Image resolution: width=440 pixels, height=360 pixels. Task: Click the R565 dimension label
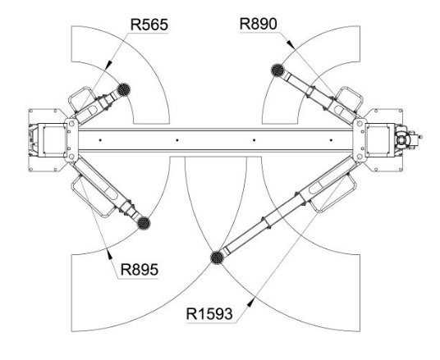click(x=149, y=25)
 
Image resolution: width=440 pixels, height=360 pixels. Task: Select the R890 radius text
click(x=258, y=24)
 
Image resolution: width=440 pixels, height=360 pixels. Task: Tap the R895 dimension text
click(x=140, y=270)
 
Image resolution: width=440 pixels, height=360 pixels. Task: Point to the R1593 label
click(x=209, y=314)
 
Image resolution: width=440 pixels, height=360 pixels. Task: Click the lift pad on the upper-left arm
click(x=123, y=89)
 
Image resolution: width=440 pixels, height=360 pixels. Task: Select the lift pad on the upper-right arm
click(x=277, y=70)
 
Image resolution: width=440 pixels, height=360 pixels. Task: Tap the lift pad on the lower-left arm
click(x=144, y=223)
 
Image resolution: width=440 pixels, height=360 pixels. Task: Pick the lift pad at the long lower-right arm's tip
click(x=218, y=257)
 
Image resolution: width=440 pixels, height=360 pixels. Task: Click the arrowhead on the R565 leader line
click(x=108, y=65)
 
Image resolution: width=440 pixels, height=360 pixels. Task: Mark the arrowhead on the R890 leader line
click(x=290, y=43)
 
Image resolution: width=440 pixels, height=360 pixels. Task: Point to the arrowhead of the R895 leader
click(x=109, y=253)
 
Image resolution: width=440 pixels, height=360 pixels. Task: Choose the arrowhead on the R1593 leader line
click(x=250, y=303)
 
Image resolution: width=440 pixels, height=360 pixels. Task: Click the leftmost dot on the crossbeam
click(x=100, y=140)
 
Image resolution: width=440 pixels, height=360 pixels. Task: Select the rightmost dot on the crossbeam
click(x=331, y=140)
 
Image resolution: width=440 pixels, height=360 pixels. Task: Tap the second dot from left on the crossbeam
click(x=176, y=140)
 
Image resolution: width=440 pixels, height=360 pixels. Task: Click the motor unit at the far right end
click(x=407, y=140)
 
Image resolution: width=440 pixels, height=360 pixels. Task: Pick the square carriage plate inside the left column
click(x=54, y=140)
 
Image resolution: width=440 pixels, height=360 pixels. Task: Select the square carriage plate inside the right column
click(x=378, y=140)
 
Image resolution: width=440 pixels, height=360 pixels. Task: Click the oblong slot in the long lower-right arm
click(x=321, y=186)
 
